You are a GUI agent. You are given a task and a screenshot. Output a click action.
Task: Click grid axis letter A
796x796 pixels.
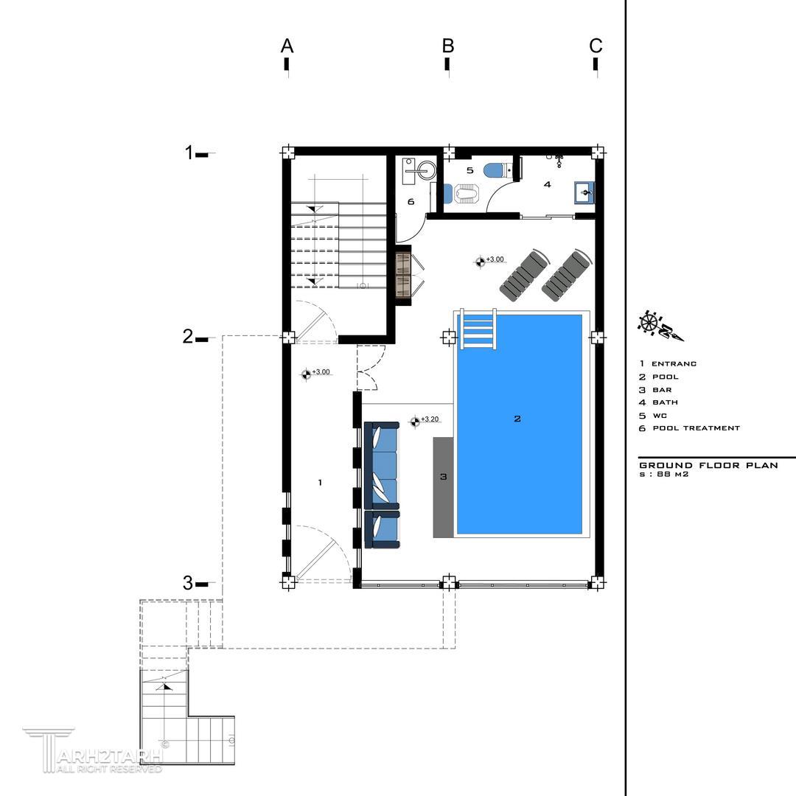287,46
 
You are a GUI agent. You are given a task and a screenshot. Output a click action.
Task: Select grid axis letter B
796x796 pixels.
448,46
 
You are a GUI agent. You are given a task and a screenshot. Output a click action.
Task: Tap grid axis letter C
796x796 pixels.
596,46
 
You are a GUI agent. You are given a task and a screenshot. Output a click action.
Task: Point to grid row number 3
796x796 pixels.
188,583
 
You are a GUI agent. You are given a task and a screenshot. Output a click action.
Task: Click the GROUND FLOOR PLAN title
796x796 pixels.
708,465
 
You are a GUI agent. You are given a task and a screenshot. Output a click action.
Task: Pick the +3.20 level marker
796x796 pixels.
425,420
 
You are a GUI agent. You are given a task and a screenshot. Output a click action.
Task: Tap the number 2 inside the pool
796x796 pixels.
517,419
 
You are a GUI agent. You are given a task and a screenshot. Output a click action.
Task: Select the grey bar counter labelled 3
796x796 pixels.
443,487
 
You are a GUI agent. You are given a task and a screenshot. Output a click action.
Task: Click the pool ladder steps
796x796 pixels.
478,329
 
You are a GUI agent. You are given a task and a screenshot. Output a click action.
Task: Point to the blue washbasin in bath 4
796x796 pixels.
584,192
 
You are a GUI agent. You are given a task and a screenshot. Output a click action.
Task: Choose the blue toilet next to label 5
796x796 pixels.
494,170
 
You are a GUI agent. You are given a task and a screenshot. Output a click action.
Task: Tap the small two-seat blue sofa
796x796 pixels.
383,529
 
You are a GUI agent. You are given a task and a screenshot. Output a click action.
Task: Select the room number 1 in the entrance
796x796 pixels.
320,482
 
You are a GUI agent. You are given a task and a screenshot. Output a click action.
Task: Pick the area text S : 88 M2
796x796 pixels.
663,475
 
